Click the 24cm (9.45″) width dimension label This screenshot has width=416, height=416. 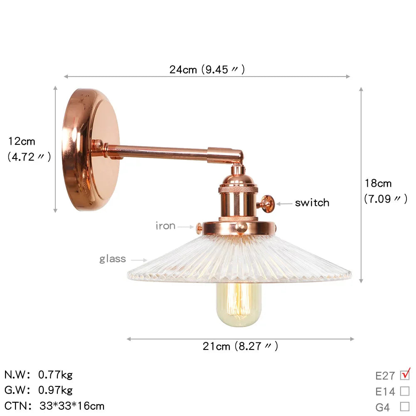pyautogui.click(x=207, y=69)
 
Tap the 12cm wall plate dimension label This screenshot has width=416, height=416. pyautogui.click(x=29, y=149)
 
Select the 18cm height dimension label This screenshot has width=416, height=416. pyautogui.click(x=386, y=191)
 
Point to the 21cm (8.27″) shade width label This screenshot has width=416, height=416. pyautogui.click(x=240, y=346)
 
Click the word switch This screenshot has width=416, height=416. pyautogui.click(x=312, y=203)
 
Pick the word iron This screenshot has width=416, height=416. pyautogui.click(x=165, y=226)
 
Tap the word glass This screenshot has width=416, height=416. pyautogui.click(x=113, y=259)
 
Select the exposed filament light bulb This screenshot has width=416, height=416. pyautogui.click(x=239, y=304)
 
